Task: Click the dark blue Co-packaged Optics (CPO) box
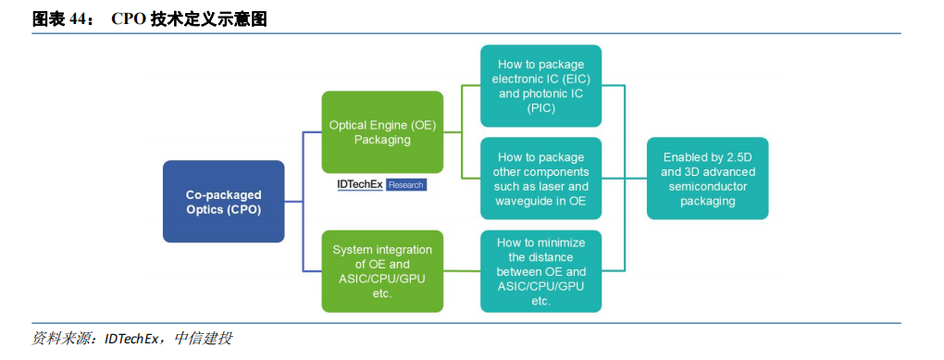pyautogui.click(x=223, y=201)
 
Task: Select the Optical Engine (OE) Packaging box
pyautogui.click(x=382, y=132)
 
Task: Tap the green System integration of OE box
pyautogui.click(x=382, y=271)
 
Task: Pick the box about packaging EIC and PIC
pyautogui.click(x=540, y=86)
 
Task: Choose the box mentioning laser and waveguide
pyautogui.click(x=540, y=179)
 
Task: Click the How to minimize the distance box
pyautogui.click(x=540, y=271)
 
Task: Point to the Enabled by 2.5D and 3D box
pyautogui.click(x=707, y=179)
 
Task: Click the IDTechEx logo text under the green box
pyautogui.click(x=360, y=185)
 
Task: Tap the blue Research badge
pyautogui.click(x=405, y=185)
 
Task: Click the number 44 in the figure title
pyautogui.click(x=77, y=19)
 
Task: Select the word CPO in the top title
pyautogui.click(x=125, y=19)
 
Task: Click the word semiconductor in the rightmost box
pyautogui.click(x=707, y=186)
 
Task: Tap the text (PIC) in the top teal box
pyautogui.click(x=540, y=108)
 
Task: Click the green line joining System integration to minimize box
pyautogui.click(x=462, y=271)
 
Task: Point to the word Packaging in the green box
pyautogui.click(x=382, y=140)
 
